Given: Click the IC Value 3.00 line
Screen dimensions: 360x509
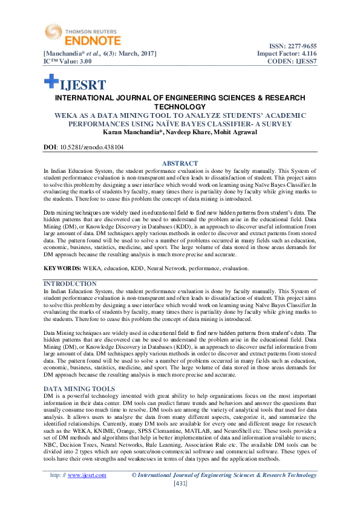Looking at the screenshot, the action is (67, 62).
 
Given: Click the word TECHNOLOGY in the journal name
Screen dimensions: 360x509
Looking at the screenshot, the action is (180, 106).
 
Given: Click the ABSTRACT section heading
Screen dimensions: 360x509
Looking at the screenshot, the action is (180, 163).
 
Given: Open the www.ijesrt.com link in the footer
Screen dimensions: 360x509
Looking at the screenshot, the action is (87, 475).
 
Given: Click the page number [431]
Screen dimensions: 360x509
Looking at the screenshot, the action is (180, 484).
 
